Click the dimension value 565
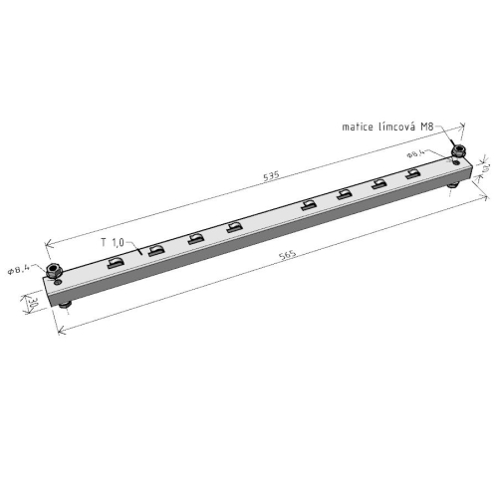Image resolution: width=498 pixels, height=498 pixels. pos(289,256)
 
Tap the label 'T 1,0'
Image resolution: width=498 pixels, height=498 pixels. pos(112,242)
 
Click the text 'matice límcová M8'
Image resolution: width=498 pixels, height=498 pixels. pos(387,127)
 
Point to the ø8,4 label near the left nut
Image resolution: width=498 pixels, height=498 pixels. pos(20,269)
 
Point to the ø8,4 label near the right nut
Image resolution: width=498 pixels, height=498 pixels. pos(415,155)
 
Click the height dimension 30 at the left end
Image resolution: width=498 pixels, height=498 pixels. pos(32,302)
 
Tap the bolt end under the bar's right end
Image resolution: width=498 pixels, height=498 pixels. pos(454,183)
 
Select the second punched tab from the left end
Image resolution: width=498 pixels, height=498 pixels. pos(155,249)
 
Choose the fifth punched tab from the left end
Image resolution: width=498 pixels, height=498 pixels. pos(308,205)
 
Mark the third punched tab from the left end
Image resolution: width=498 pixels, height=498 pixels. pos(195,238)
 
